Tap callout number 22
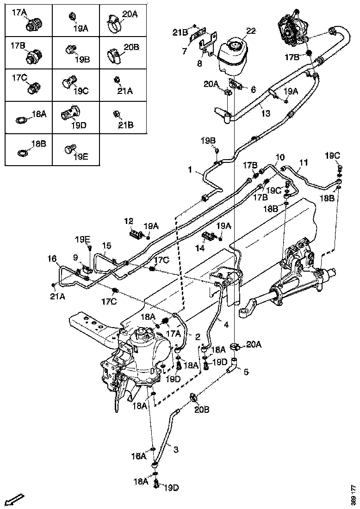251,31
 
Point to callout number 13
265,113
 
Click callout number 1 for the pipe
190,170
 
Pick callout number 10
280,157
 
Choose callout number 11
303,162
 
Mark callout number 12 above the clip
128,221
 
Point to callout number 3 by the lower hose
175,448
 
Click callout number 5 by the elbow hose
246,371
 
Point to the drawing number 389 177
354,495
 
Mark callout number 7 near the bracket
184,51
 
